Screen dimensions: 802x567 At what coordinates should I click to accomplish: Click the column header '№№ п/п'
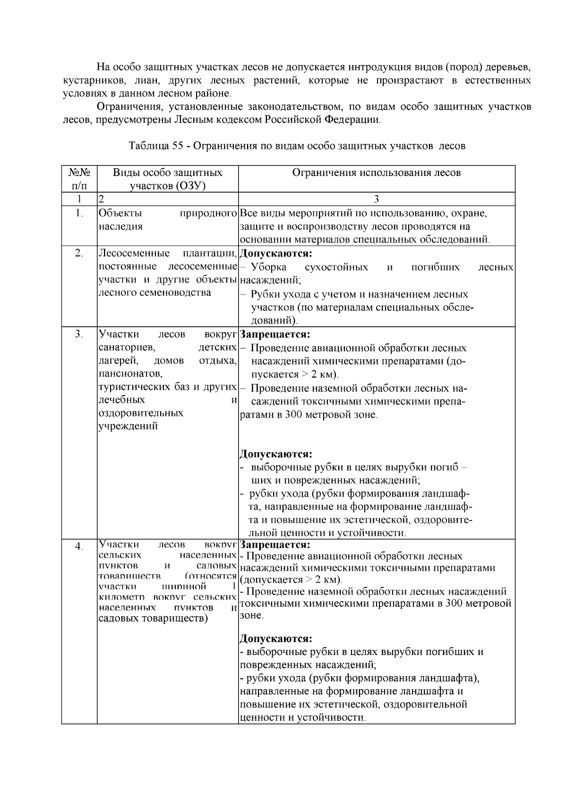pyautogui.click(x=79, y=179)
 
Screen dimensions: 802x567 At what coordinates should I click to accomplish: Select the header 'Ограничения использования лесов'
pyautogui.click(x=376, y=172)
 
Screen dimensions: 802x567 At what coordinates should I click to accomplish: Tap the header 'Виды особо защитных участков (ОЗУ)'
pyautogui.click(x=167, y=179)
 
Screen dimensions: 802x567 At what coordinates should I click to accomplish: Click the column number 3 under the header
pyautogui.click(x=376, y=199)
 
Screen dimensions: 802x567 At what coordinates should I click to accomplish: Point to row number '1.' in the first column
pyautogui.click(x=79, y=213)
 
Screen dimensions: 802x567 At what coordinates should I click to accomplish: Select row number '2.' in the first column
pyautogui.click(x=79, y=253)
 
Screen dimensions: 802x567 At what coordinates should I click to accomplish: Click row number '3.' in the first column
pyautogui.click(x=79, y=335)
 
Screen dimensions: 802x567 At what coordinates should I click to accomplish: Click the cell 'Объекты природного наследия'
pyautogui.click(x=167, y=219)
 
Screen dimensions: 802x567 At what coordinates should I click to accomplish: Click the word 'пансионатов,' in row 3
pyautogui.click(x=130, y=374)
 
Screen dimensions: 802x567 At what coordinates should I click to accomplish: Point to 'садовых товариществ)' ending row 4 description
pyautogui.click(x=153, y=618)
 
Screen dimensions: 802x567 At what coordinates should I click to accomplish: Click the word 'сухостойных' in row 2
pyautogui.click(x=336, y=267)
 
